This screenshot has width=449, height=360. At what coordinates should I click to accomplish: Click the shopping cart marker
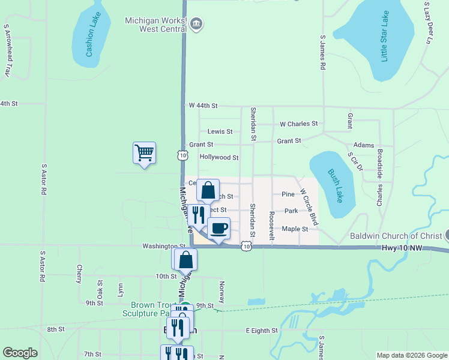click(144, 153)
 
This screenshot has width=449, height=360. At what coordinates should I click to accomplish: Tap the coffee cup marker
click(218, 229)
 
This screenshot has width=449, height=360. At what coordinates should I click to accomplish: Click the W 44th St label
click(202, 106)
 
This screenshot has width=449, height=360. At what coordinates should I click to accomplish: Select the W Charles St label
click(298, 124)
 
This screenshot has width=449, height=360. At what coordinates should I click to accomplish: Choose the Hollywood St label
click(219, 158)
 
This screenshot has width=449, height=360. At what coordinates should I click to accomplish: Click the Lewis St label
click(220, 131)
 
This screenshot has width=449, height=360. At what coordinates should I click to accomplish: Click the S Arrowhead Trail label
click(7, 50)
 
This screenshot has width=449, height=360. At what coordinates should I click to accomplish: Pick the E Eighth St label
click(262, 331)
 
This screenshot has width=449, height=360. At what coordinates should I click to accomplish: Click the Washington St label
click(164, 246)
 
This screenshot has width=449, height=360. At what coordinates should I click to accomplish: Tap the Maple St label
click(295, 229)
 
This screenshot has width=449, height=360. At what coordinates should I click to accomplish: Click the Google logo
click(20, 353)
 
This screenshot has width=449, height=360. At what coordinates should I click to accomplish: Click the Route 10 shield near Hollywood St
click(182, 155)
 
